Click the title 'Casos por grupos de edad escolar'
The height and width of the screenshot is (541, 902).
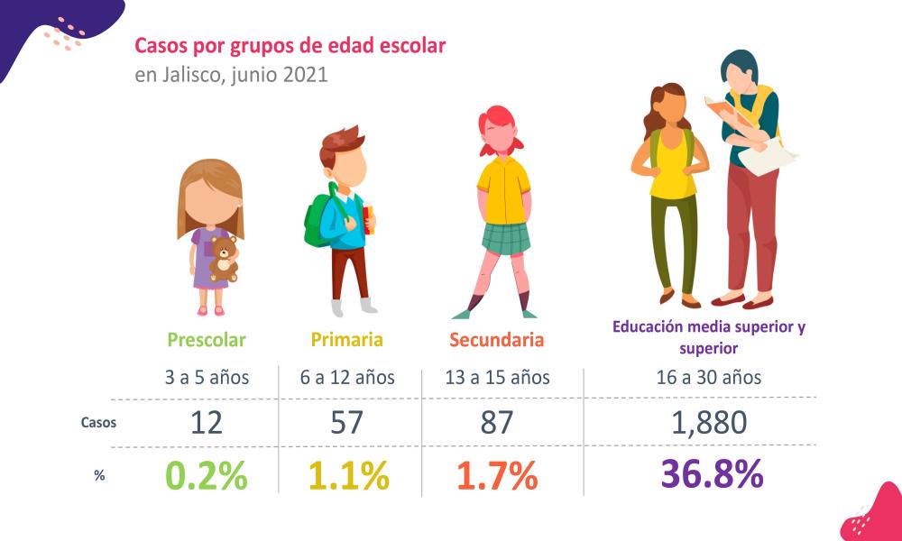coord(290,45)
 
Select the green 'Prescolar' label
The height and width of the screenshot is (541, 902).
coord(207,340)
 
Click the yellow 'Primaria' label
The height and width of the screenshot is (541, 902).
coord(347,340)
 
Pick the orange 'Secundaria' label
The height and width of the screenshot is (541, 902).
coord(496,340)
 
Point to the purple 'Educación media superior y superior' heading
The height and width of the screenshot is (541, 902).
coord(708,336)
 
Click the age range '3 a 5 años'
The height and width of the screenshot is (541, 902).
coord(207,377)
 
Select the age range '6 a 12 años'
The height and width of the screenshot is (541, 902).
coord(347,377)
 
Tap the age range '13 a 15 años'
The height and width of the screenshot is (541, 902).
coord(496,377)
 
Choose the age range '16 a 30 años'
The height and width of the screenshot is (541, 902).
coord(709,377)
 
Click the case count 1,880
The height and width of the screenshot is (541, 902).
coord(709,422)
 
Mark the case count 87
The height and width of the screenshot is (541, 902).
coord(496,422)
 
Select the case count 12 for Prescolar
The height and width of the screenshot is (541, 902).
coord(207,422)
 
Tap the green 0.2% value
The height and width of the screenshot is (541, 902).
coord(207,476)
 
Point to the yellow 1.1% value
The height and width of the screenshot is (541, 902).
coord(348,476)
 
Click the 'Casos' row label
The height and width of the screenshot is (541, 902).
coord(98,422)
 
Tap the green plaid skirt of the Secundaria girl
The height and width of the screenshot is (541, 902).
coord(504,237)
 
